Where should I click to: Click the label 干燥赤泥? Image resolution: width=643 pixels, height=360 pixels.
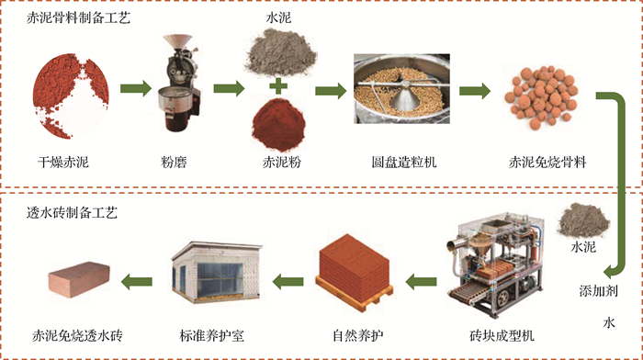(62, 163)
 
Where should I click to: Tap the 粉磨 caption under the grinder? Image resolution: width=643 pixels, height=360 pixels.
(174, 163)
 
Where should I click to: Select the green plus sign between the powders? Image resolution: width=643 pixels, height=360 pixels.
(278, 86)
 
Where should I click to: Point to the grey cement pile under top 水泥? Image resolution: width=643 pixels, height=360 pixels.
(280, 53)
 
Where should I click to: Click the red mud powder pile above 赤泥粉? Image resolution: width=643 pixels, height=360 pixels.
(278, 125)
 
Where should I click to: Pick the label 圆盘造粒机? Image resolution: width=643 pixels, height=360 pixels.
(404, 163)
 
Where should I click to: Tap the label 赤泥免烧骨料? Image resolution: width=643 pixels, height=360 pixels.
(547, 163)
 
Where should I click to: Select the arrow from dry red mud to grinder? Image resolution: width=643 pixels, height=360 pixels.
(136, 88)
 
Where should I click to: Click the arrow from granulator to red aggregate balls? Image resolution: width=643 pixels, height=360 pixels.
(475, 91)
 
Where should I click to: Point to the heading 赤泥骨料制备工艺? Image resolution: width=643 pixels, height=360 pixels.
(78, 17)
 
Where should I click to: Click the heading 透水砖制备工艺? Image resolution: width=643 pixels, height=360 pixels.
(72, 212)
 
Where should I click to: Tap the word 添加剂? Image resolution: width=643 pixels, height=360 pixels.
(598, 291)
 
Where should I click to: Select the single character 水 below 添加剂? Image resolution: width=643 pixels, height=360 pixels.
(609, 322)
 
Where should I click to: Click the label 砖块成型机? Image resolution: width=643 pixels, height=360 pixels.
(502, 336)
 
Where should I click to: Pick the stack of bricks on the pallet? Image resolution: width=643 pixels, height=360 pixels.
(354, 271)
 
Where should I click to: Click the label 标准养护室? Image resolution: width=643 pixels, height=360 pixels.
(211, 336)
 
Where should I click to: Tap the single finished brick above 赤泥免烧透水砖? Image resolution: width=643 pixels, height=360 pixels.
(79, 277)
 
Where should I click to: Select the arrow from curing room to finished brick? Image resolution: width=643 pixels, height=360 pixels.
(137, 282)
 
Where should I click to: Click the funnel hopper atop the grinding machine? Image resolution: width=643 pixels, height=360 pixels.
(177, 41)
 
